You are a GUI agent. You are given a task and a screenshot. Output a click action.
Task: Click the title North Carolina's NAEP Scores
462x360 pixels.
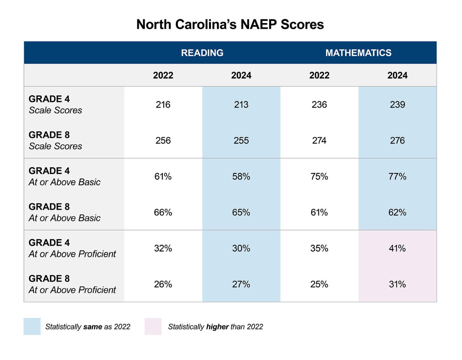pos(230,25)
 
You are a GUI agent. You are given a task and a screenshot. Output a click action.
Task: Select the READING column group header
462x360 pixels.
pos(202,53)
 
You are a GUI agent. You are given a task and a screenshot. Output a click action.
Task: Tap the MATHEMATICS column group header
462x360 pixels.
pos(358,53)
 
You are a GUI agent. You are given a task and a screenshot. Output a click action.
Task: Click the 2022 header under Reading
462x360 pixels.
pos(163,75)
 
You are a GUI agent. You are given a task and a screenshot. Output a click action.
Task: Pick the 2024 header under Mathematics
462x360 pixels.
pos(397,75)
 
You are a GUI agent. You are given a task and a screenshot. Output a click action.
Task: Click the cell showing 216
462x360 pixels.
pos(163,105)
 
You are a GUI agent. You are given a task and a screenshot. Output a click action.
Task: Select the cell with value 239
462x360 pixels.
pos(397,105)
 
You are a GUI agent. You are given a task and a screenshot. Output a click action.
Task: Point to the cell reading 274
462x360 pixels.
pos(319,140)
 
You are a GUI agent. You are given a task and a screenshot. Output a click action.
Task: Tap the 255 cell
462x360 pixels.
pos(241,140)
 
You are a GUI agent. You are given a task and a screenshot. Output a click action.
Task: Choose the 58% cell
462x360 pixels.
pos(241,176)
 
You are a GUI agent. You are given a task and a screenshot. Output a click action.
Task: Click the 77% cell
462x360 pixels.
pos(397,176)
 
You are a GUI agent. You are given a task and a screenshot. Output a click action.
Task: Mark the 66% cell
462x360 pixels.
pos(163,213)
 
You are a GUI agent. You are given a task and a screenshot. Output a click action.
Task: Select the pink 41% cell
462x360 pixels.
pos(397,248)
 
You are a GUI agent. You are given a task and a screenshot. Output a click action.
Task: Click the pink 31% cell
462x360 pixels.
pos(397,284)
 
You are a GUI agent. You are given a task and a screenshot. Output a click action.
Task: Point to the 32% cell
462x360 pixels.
pos(163,248)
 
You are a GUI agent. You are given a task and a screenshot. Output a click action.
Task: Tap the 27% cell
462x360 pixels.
pos(241,284)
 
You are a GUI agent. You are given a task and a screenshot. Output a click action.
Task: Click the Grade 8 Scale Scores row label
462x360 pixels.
pos(55,140)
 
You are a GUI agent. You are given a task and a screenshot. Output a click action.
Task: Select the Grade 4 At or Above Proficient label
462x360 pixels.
pos(72,248)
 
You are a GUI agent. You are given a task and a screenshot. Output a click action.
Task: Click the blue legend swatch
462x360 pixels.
pos(32,326)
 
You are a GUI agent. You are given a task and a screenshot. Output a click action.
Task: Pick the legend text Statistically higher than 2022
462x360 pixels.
pos(215,327)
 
